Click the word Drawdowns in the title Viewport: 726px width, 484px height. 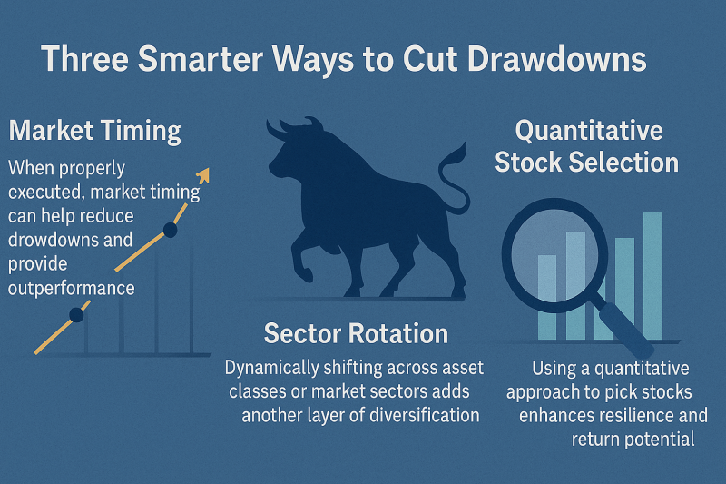pos(557,59)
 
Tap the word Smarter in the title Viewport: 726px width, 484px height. pos(200,59)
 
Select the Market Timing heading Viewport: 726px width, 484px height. pos(95,131)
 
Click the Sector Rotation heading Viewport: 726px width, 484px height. pos(356,333)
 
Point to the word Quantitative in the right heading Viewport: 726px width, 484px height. pos(589,130)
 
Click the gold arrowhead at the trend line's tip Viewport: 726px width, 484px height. pos(202,174)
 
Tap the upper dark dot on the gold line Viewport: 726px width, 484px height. pos(170,230)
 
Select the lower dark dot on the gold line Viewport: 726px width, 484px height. pos(76,315)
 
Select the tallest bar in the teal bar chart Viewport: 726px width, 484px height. pos(652,276)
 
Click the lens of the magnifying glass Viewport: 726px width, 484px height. pos(554,255)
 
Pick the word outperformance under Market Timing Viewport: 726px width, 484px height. pos(72,288)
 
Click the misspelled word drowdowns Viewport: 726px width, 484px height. pos(71,240)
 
